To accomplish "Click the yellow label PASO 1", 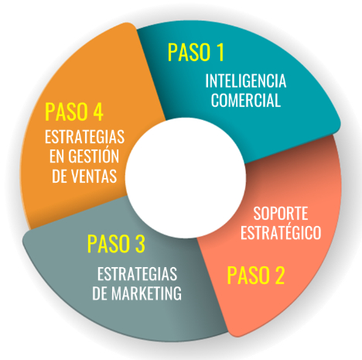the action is [x=196, y=53].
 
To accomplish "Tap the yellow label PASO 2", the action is [x=256, y=276].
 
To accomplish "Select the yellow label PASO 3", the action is [x=116, y=243].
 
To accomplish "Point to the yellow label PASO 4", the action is [x=74, y=111].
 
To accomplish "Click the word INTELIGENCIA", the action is [x=246, y=81].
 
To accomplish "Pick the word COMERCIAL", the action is [x=246, y=100].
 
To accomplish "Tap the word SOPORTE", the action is [x=281, y=214].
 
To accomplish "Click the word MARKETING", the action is [x=146, y=293].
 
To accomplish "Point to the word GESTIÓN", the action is [x=94, y=156].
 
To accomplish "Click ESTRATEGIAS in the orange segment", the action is [x=84, y=136].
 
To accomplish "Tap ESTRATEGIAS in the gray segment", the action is [x=137, y=274].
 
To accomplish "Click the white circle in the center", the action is [x=186, y=178].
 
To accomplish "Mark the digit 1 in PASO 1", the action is [x=220, y=53].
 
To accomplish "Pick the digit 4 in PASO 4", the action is [x=98, y=111].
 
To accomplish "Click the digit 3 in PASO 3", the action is [x=140, y=243].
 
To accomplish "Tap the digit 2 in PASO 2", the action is [x=279, y=276].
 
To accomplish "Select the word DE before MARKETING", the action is [x=100, y=293].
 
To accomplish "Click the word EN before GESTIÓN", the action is [x=56, y=156].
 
